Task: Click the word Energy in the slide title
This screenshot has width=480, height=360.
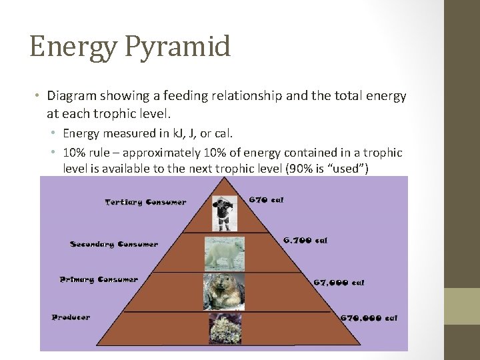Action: [64, 47]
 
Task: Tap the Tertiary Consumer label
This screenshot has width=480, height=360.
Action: [145, 202]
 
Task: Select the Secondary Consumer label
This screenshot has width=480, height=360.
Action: [114, 245]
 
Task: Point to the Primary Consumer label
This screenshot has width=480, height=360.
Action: [99, 280]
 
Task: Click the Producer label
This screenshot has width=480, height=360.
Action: [71, 317]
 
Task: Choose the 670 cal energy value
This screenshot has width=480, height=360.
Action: [266, 199]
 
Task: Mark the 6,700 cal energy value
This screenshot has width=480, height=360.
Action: [305, 240]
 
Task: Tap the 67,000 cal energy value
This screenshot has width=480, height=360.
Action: [339, 283]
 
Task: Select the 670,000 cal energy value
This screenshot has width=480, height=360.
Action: [369, 318]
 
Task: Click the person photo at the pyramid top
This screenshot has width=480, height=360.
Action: [221, 213]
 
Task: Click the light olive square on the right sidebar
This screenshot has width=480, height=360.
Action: [462, 306]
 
